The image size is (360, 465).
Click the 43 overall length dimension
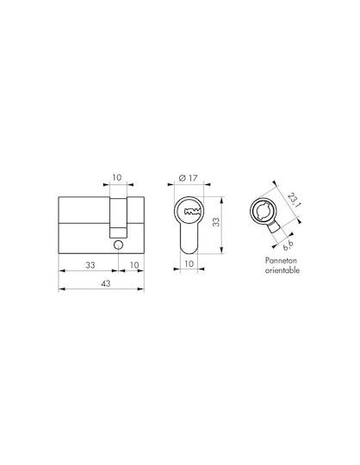click(106, 283)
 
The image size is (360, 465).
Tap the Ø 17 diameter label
click(188, 178)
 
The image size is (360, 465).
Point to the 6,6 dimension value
click(288, 245)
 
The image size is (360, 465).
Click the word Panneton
click(281, 261)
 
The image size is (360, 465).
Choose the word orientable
click(282, 270)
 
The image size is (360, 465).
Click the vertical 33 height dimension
click(217, 222)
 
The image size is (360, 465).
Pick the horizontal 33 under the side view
click(90, 265)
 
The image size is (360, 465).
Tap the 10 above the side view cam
click(117, 177)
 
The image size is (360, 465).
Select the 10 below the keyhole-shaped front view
click(189, 263)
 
